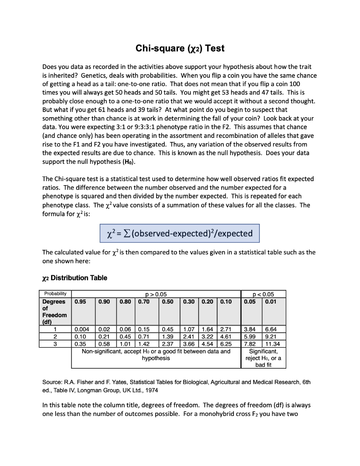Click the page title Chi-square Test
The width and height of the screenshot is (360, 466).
pos(180,48)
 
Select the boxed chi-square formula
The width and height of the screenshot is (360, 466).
pos(179,233)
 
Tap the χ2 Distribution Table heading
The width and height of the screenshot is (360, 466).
pos(75,278)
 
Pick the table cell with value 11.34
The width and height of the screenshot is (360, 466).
pos(274,343)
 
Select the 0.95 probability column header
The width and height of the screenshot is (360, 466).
pos(81,301)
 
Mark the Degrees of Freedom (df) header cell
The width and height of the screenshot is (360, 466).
pos(55,311)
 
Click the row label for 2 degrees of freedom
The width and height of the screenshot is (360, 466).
pos(55,336)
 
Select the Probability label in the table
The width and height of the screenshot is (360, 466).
pos(55,294)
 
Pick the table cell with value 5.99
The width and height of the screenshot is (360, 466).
pos(250,336)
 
